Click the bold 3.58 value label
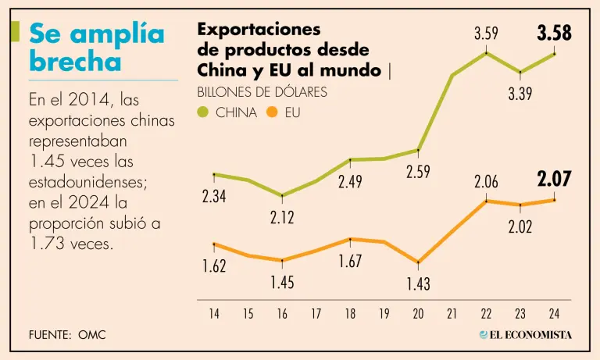click(x=554, y=34)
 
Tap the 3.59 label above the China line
click(x=486, y=34)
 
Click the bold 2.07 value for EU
click(x=554, y=180)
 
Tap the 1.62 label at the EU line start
click(x=214, y=267)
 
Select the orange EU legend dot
click(x=272, y=112)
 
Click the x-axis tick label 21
click(x=452, y=315)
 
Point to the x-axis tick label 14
click(x=214, y=315)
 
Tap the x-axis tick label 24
click(x=554, y=315)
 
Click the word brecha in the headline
click(x=75, y=61)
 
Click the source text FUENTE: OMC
click(x=67, y=334)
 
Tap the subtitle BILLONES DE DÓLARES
click(x=262, y=92)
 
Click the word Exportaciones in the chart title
click(x=259, y=30)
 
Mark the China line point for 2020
click(x=418, y=150)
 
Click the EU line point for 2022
click(x=486, y=201)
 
